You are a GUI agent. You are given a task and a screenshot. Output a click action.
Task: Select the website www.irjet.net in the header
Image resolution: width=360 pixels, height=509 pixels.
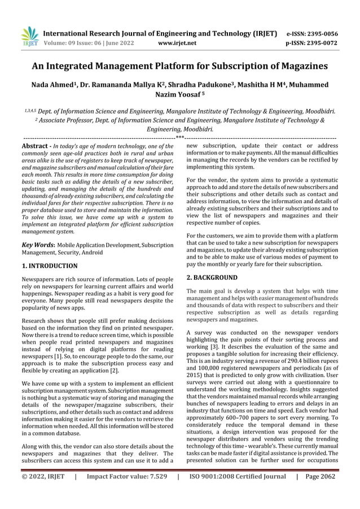pyautogui.click(x=178, y=42)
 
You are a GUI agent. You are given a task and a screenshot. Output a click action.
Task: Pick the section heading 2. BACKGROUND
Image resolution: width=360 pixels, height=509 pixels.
pyautogui.click(x=212, y=278)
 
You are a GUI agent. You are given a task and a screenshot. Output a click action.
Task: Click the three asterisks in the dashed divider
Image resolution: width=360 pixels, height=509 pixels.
pyautogui.click(x=179, y=138)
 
